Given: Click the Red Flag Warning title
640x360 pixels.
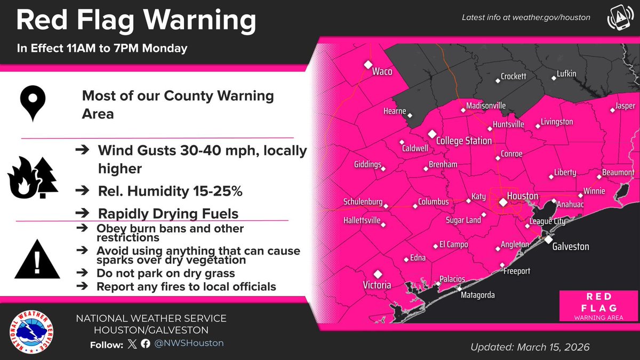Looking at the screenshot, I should [x=136, y=21].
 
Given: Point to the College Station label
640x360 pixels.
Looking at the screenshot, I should [x=463, y=141].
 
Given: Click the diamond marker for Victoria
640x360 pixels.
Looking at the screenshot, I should [x=378, y=274].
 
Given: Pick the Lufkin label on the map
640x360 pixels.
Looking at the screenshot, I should [x=566, y=74].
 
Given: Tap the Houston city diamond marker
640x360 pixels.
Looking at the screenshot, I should [x=502, y=202].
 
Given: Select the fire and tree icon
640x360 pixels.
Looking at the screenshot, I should [x=32, y=177].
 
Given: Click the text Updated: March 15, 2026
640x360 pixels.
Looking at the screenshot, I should [x=530, y=347].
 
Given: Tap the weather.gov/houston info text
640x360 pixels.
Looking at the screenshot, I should [x=526, y=18].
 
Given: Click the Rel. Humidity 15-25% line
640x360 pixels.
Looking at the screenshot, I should [x=170, y=191].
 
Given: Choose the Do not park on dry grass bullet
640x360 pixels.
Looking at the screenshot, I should [x=166, y=274].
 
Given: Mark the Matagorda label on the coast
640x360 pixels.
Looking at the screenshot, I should [x=478, y=295].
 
